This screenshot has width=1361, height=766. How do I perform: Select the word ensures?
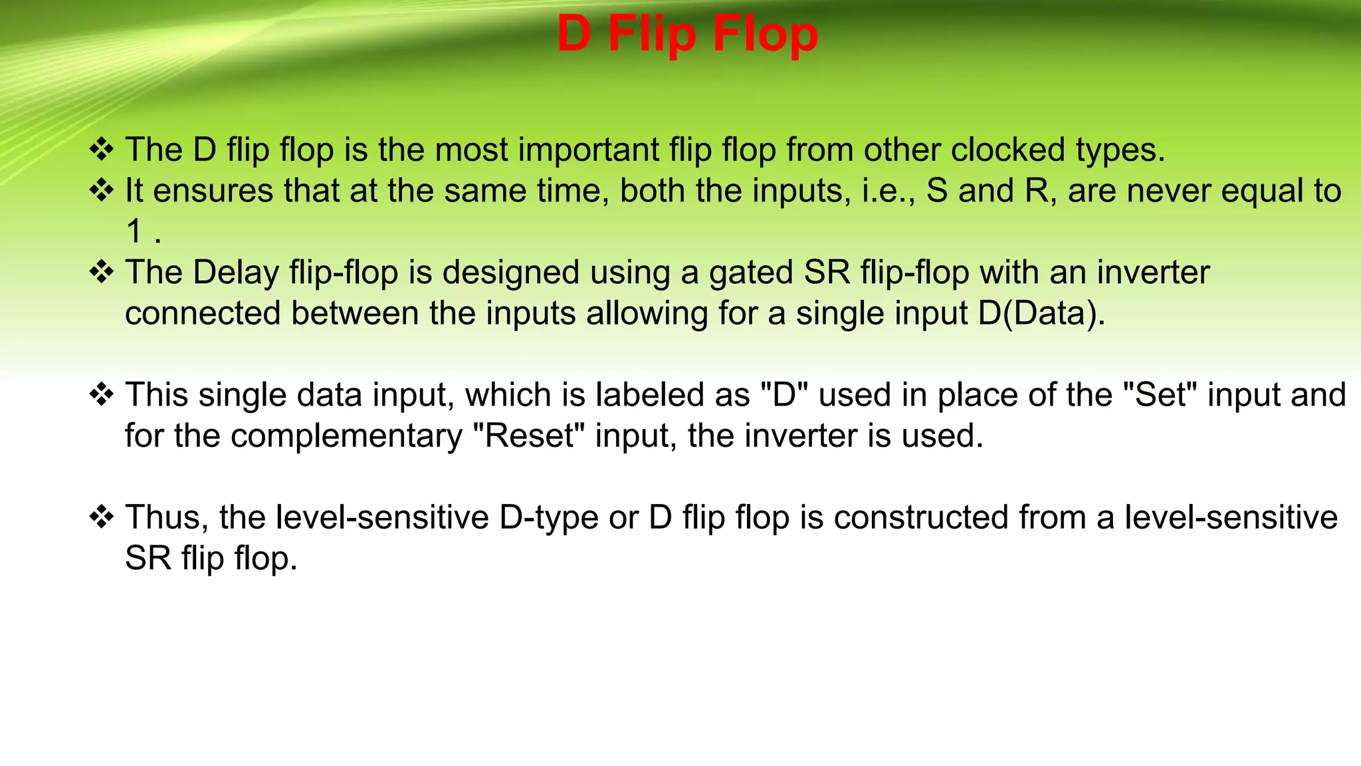(x=213, y=191)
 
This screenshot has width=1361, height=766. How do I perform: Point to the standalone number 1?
(x=135, y=231)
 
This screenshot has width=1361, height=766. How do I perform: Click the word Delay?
(x=236, y=273)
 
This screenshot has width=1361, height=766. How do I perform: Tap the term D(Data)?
(x=1041, y=314)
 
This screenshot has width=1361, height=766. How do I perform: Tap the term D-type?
(x=548, y=519)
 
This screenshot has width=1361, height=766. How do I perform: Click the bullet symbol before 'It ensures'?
(x=102, y=191)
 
